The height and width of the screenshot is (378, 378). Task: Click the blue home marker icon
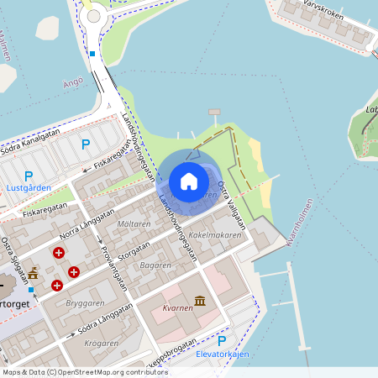(189, 181)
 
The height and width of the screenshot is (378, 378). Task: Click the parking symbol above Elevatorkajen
(222, 341)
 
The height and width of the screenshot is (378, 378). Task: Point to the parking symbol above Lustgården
(29, 176)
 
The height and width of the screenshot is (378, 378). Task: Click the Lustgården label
(29, 188)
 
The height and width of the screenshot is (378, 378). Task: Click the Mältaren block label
(134, 224)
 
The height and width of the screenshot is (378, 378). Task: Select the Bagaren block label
(155, 265)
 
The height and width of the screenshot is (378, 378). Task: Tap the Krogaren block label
(102, 343)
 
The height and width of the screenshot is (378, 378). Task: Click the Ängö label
(72, 83)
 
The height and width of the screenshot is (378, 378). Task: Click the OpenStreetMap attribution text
(85, 372)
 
